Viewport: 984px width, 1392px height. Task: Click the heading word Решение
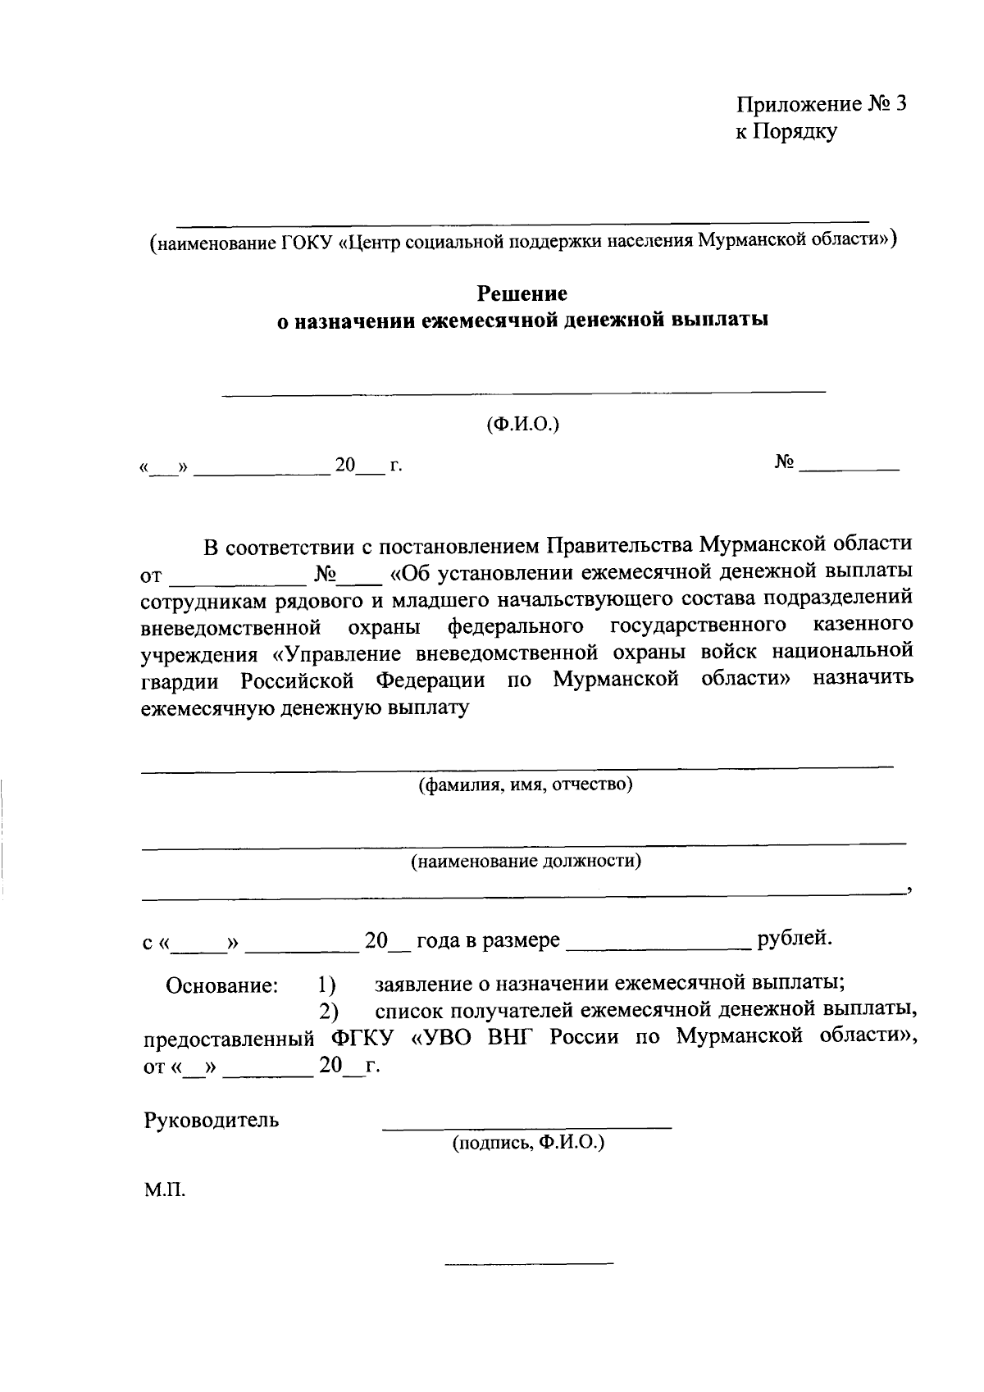coord(522,293)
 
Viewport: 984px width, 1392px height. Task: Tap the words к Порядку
coord(786,131)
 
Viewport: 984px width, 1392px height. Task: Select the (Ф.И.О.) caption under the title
coord(522,424)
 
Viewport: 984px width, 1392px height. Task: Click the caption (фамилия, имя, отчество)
coord(525,785)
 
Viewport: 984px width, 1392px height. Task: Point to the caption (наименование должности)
coord(526,861)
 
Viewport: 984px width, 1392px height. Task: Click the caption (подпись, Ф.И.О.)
coord(527,1142)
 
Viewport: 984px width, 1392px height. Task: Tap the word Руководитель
coord(212,1120)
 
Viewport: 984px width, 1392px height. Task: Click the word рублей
coord(795,938)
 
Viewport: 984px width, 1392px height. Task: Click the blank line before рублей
coord(658,947)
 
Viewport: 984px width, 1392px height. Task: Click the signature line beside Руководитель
coord(527,1128)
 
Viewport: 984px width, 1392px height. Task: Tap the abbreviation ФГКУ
coord(364,1038)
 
